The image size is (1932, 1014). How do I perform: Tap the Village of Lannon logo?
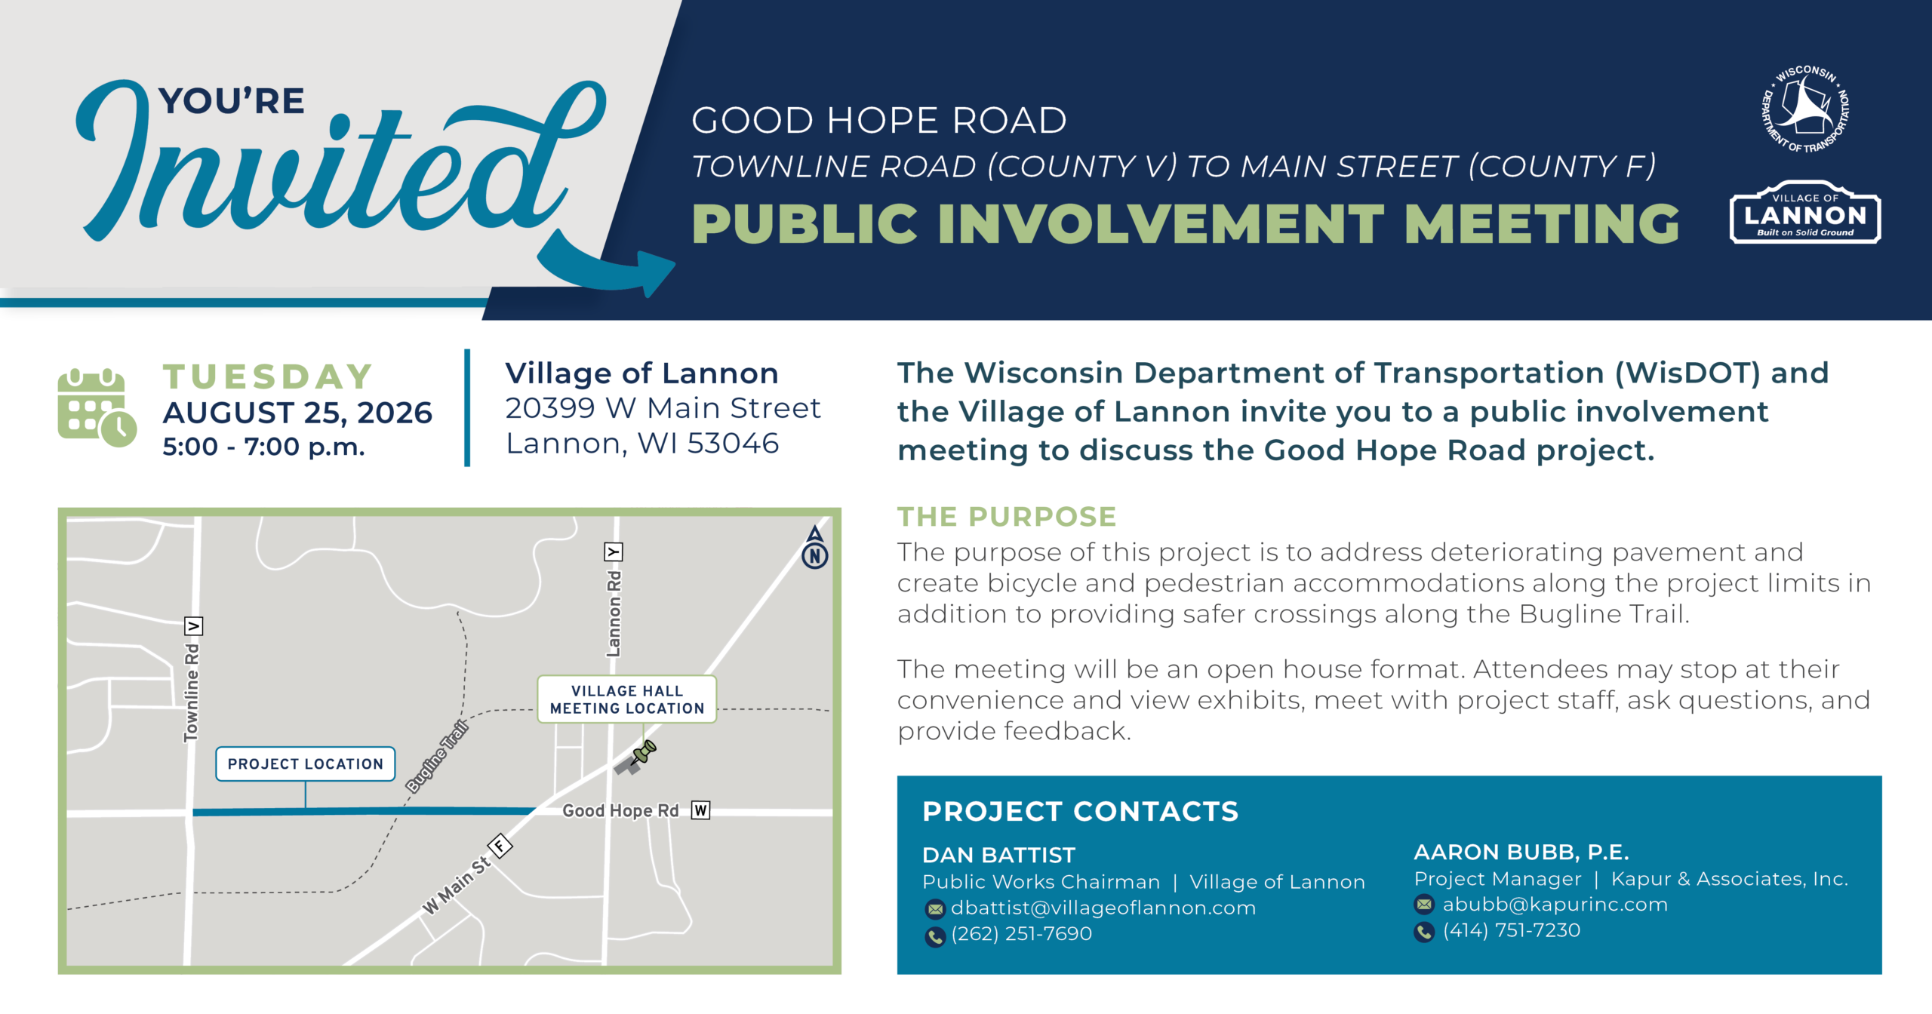coord(1804,212)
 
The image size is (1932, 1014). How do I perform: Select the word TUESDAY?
coord(269,376)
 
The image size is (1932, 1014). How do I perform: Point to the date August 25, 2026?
coord(297,413)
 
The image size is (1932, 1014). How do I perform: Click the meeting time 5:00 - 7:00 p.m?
coord(264,447)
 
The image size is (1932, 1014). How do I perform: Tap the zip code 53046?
coord(733,444)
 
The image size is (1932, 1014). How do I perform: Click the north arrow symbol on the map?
coord(815,548)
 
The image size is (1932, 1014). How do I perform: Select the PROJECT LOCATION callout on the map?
coord(306,764)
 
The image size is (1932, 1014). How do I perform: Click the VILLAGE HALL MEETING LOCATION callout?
coord(626,699)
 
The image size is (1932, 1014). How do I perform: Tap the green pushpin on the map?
coord(644,752)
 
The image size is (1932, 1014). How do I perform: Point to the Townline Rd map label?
coord(192,693)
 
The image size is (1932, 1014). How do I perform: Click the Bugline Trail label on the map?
coord(437,757)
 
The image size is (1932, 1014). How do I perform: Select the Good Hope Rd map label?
coord(620,810)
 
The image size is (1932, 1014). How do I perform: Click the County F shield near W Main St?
coord(500,846)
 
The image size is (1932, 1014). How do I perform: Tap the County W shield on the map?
coord(701,810)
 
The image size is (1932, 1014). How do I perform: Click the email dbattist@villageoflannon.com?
coord(1103,908)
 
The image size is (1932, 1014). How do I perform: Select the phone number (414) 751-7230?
coord(1512,930)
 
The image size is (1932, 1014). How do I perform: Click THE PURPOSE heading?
coord(1007,517)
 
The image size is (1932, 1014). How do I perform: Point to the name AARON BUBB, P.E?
coord(1521,852)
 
